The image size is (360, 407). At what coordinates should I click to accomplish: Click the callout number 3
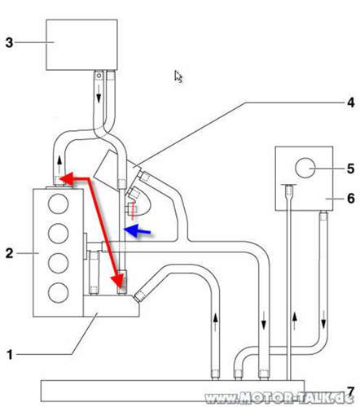point(9,42)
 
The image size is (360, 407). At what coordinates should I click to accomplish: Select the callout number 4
point(351,103)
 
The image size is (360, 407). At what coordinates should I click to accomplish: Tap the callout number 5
point(351,168)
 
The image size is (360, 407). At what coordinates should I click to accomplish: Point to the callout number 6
point(351,199)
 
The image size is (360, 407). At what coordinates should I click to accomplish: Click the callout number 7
point(350,392)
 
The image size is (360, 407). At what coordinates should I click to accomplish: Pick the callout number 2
point(9,253)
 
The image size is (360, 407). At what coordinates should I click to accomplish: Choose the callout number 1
point(10,354)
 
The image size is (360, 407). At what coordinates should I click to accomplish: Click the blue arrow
point(137,230)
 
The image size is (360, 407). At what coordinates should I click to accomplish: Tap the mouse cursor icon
point(178,77)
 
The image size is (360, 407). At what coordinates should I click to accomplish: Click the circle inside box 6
point(305,168)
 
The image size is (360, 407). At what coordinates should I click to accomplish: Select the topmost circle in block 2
point(58,203)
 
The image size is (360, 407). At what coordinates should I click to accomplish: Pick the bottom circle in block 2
point(58,292)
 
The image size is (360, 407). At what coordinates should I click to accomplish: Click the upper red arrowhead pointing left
point(67,178)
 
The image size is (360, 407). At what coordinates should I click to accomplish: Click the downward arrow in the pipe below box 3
point(99,94)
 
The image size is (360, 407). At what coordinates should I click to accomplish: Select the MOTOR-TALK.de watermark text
point(279,398)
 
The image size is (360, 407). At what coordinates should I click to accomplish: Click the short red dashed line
point(133,211)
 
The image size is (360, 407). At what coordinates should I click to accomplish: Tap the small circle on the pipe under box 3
point(99,75)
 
